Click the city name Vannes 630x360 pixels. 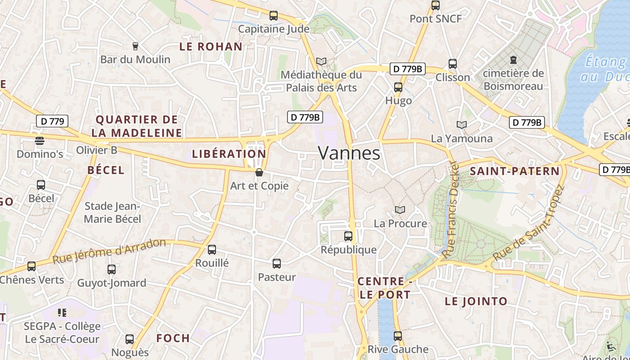pyautogui.click(x=349, y=153)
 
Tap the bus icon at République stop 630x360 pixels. pyautogui.click(x=348, y=236)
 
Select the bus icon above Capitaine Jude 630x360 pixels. pyautogui.click(x=274, y=16)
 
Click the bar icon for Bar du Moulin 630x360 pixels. pyautogui.click(x=135, y=46)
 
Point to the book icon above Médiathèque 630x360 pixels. pyautogui.click(x=321, y=61)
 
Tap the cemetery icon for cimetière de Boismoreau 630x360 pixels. pyautogui.click(x=513, y=59)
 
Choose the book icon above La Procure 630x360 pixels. pyautogui.click(x=400, y=210)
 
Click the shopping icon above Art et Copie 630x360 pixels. pyautogui.click(x=259, y=172)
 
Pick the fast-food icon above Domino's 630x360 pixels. pyautogui.click(x=40, y=141)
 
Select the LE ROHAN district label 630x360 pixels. pyautogui.click(x=211, y=46)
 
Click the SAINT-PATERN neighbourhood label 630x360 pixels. pyautogui.click(x=515, y=171)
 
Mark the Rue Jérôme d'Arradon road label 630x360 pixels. pyautogui.click(x=109, y=251)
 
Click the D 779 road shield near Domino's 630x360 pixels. pyautogui.click(x=52, y=121)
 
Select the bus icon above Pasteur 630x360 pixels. pyautogui.click(x=277, y=264)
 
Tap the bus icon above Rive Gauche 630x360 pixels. pyautogui.click(x=398, y=336)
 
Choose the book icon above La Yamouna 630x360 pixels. pyautogui.click(x=462, y=125)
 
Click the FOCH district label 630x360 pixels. pyautogui.click(x=173, y=338)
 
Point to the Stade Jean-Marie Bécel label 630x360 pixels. pyautogui.click(x=112, y=212)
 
